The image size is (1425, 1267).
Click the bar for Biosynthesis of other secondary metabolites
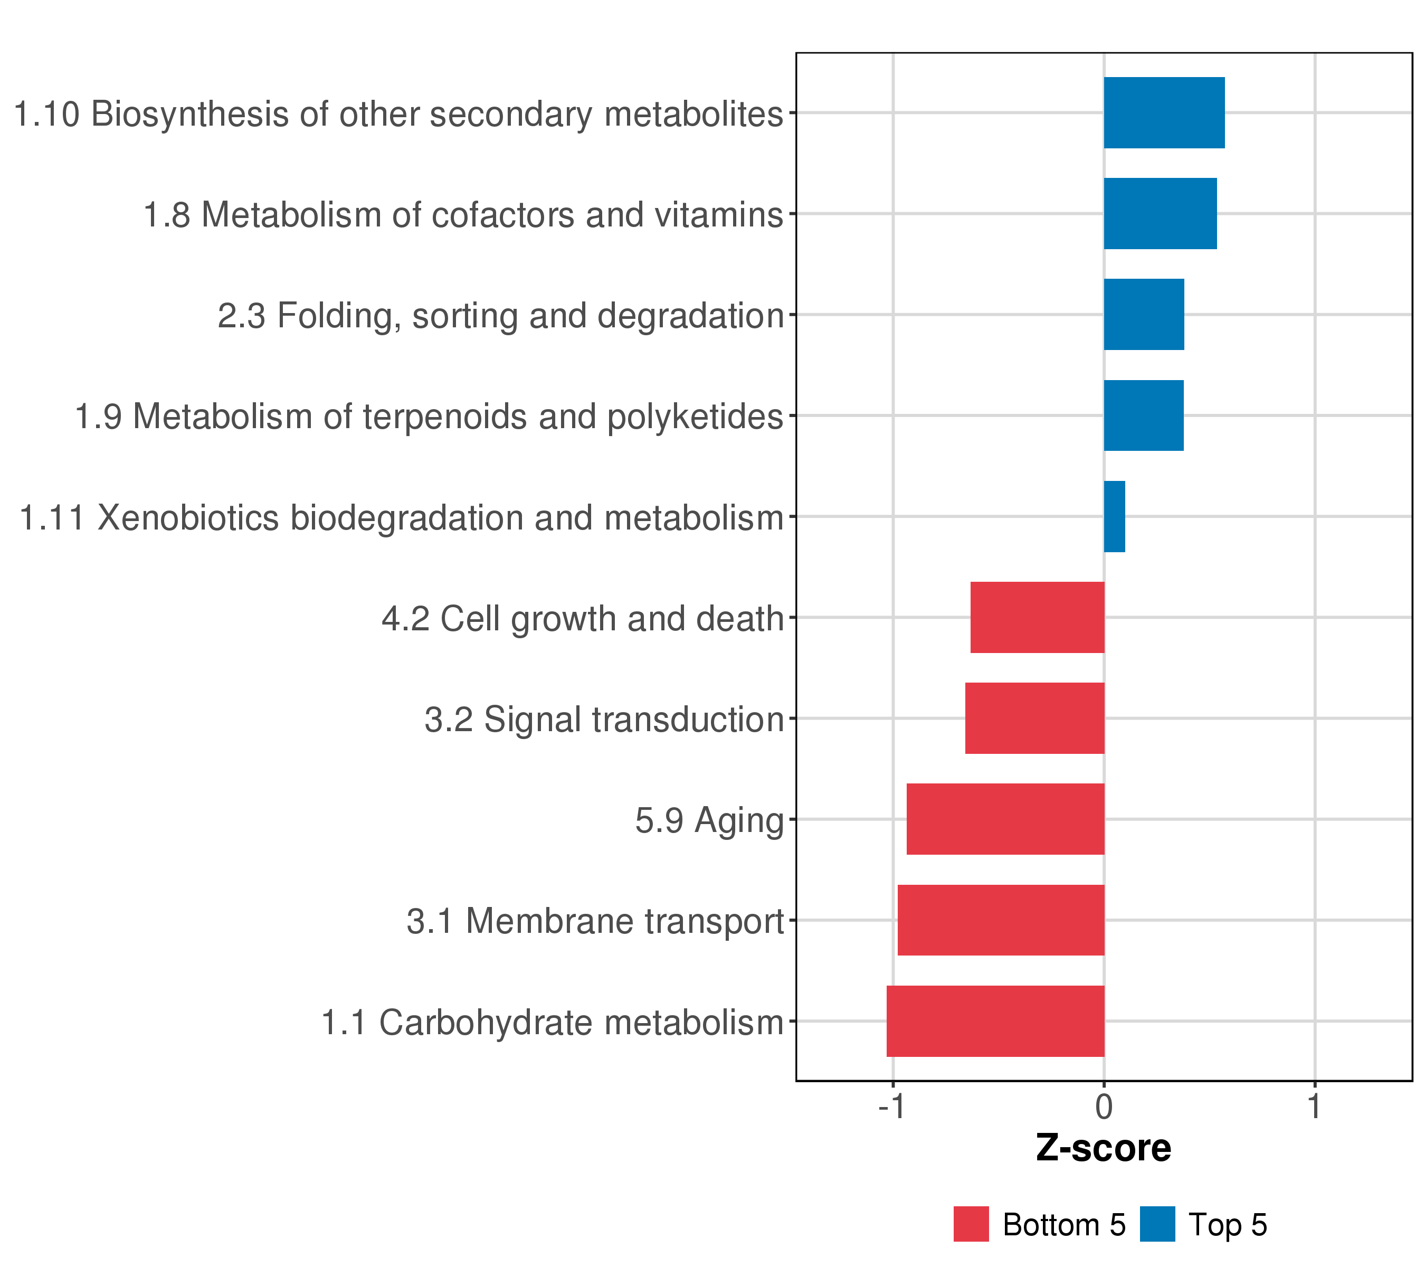pyautogui.click(x=1164, y=113)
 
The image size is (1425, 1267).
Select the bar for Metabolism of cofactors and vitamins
pyautogui.click(x=1160, y=213)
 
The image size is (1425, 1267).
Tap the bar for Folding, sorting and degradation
pyautogui.click(x=1143, y=315)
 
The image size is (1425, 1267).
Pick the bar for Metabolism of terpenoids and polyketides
pyautogui.click(x=1143, y=415)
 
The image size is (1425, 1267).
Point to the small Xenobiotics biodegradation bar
pyautogui.click(x=1114, y=517)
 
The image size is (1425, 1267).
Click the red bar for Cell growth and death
pyautogui.click(x=1038, y=617)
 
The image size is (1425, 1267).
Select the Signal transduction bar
pyautogui.click(x=1034, y=718)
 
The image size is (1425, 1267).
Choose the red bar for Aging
pyautogui.click(x=1005, y=819)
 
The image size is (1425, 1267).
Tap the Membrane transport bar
pyautogui.click(x=1001, y=920)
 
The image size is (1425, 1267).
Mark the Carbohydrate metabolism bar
pyautogui.click(x=995, y=1021)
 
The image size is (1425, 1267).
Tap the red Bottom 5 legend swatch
pyautogui.click(x=971, y=1224)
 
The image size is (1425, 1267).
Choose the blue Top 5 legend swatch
pyautogui.click(x=1157, y=1224)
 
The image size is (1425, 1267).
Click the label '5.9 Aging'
pyautogui.click(x=709, y=820)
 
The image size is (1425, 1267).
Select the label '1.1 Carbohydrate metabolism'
pyautogui.click(x=552, y=1022)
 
